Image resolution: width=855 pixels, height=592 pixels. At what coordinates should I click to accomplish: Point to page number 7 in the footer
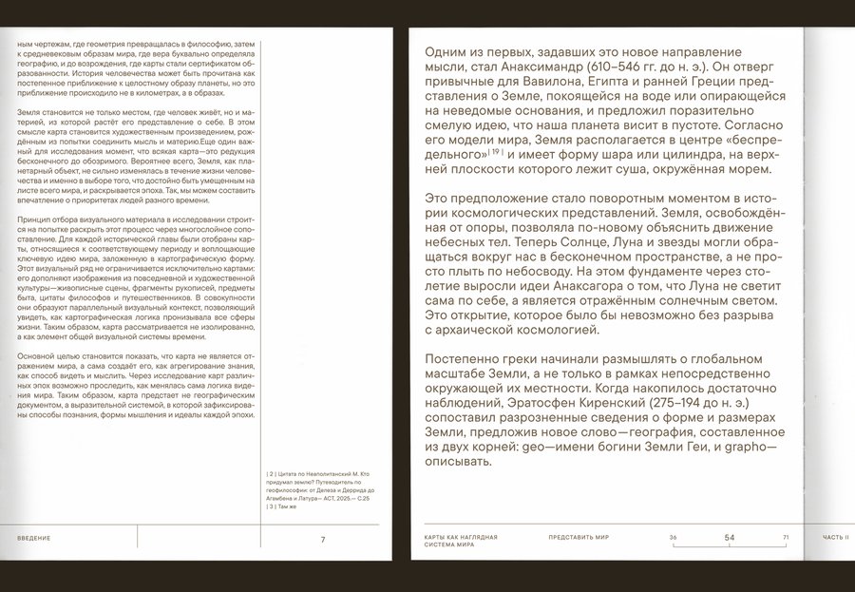point(323,539)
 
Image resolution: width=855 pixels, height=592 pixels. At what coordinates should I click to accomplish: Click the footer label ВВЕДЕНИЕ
point(34,539)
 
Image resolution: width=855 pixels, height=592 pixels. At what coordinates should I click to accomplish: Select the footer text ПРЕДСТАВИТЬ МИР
point(579,538)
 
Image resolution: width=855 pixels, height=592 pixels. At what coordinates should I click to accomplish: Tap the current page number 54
point(730,538)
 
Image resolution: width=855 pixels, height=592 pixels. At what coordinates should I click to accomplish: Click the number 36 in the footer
point(673,538)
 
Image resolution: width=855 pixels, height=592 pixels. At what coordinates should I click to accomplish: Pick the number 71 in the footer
point(786,538)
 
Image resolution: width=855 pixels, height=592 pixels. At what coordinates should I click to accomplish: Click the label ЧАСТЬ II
point(836,538)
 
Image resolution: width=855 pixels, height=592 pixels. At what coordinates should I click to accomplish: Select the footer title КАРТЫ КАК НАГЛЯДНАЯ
point(462,538)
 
